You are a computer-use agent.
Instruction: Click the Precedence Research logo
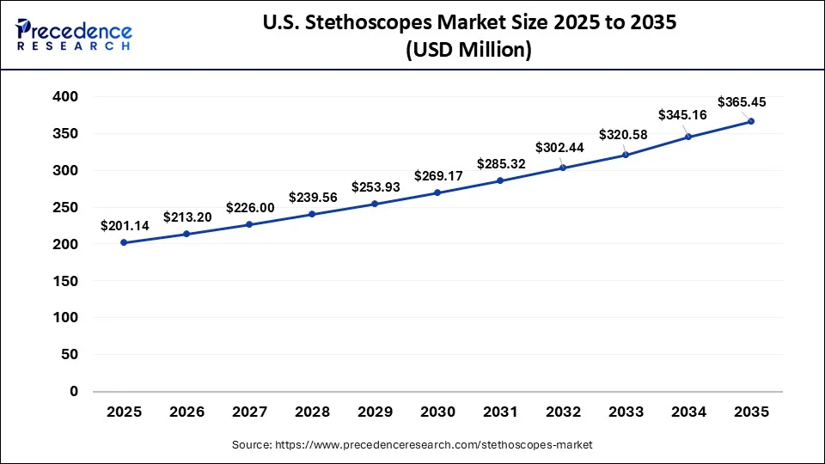[74, 34]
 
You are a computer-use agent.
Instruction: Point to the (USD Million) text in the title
[467, 51]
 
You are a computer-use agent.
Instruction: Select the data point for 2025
[124, 242]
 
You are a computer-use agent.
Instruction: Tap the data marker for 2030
[437, 192]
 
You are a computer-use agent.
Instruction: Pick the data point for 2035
[751, 121]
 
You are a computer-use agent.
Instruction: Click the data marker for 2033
[626, 155]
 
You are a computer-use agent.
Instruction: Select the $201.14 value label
[124, 226]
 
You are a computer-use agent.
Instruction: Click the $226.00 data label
[249, 207]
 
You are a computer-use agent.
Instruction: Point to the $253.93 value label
[375, 187]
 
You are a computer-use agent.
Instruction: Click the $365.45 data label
[742, 102]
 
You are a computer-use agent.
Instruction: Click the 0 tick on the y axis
[74, 391]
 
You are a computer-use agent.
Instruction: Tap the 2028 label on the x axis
[312, 412]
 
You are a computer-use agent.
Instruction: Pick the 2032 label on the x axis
[563, 412]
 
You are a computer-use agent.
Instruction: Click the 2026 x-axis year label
[186, 412]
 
